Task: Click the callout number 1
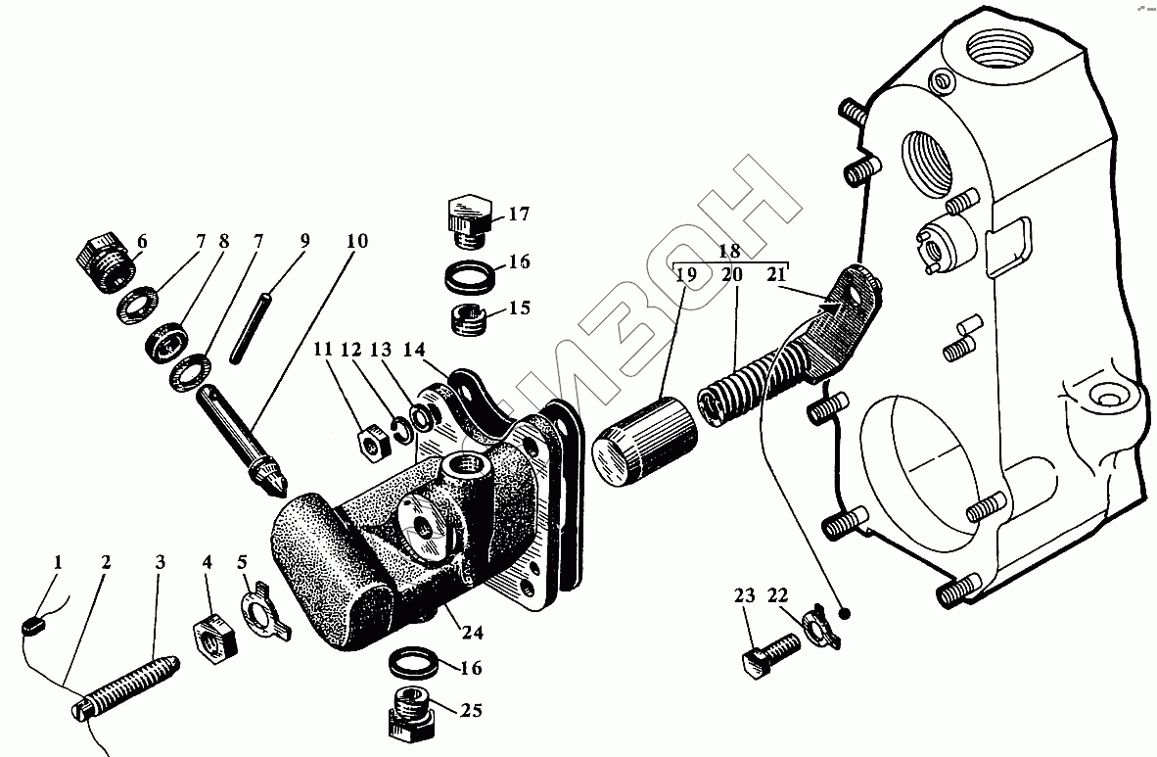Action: tap(58, 562)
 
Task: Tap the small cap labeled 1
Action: tap(32, 623)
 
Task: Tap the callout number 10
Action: tap(356, 240)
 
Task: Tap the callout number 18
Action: tap(729, 250)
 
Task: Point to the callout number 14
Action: tap(414, 350)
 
